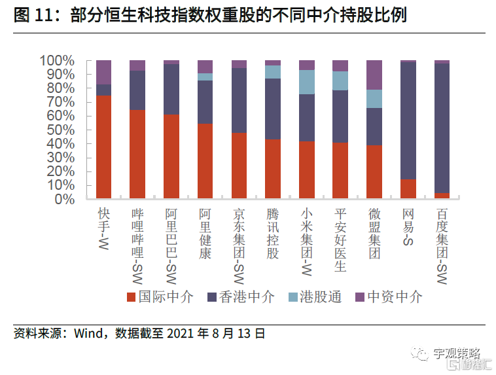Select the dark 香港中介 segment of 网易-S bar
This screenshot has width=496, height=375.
tap(408, 120)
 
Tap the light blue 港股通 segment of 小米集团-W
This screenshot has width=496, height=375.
tap(307, 82)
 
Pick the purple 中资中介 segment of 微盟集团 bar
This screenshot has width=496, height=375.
tap(374, 75)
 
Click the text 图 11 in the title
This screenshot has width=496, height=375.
tap(31, 15)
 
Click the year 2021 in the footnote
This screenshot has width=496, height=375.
tap(182, 334)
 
